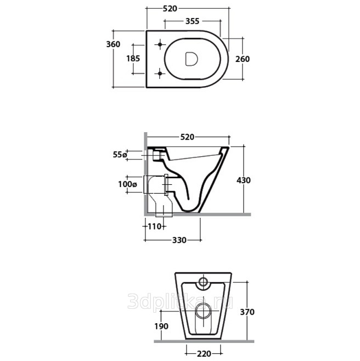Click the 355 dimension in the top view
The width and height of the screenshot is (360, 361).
192,21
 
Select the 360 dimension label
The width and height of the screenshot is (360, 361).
113,44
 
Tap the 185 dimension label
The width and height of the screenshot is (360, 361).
133,59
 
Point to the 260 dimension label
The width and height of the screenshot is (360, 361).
243,59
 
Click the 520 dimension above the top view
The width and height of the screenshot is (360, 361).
170,9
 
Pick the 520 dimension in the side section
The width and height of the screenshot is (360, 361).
187,137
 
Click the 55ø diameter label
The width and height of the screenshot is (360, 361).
120,155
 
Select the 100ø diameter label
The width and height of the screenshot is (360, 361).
127,184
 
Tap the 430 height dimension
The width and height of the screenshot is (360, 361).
244,180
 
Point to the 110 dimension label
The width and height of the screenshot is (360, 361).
154,227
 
